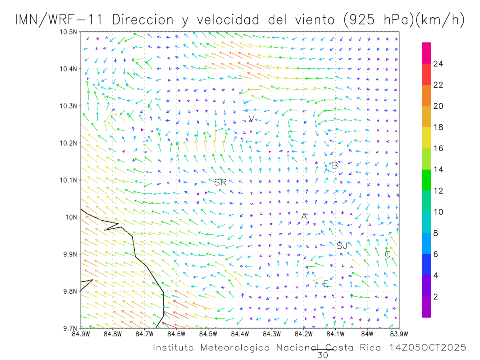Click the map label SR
coord(220,182)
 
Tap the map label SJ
coord(342,246)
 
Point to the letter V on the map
coord(251,118)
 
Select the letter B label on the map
coord(335,165)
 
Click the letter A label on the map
coord(304,216)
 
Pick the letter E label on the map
coord(326,284)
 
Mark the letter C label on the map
coord(387,254)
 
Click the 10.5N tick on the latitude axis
coord(68,32)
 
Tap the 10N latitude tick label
coord(71,217)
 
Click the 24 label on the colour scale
coord(438,64)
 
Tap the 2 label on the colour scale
coord(436,296)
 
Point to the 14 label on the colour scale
coord(438,170)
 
